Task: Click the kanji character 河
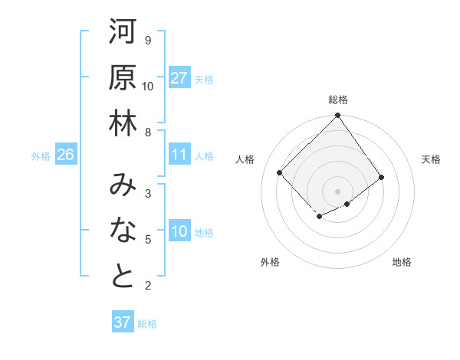point(123,33)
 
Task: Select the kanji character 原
point(123,79)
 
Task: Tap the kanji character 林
point(123,125)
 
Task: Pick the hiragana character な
point(123,231)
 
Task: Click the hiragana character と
point(123,277)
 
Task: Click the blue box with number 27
point(179,78)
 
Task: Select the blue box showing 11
point(179,155)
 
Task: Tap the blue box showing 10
point(179,232)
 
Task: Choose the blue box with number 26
point(65,155)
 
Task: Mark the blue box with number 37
point(123,322)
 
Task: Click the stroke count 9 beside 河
point(148,40)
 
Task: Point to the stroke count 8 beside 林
point(148,132)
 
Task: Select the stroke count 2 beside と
point(148,286)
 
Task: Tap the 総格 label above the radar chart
point(338,100)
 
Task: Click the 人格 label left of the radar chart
point(245,159)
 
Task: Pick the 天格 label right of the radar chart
point(431,159)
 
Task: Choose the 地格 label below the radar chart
point(402,262)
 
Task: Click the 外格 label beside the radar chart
point(270,262)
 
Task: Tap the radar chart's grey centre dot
point(338,191)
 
